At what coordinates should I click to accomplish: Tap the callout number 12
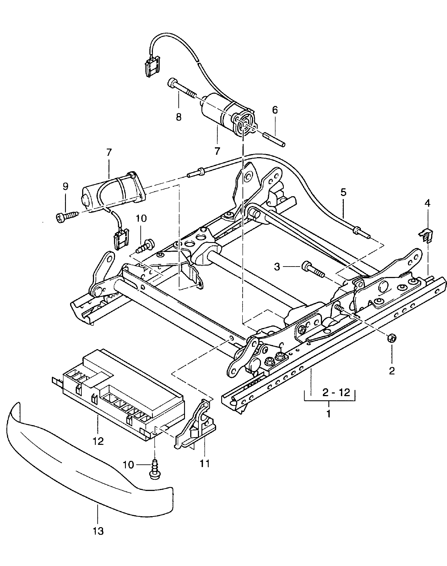[98, 441]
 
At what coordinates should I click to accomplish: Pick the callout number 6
[275, 110]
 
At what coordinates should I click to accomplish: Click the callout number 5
[343, 192]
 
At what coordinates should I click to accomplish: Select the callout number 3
[277, 267]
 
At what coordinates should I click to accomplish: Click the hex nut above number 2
[391, 338]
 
